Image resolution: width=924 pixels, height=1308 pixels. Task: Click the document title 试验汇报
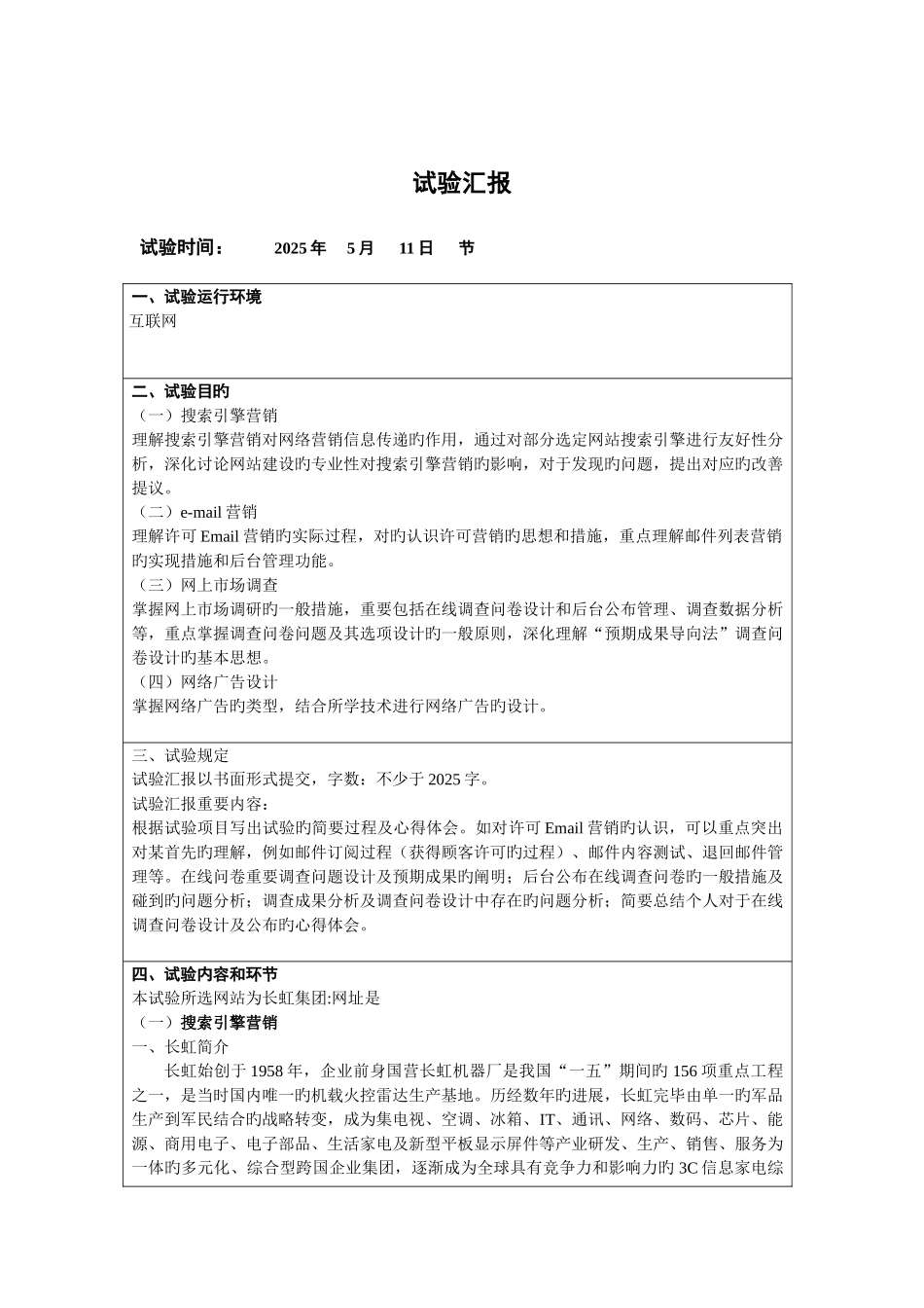click(462, 183)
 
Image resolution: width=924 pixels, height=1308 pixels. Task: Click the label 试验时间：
click(183, 248)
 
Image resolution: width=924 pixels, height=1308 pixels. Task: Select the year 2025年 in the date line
click(300, 248)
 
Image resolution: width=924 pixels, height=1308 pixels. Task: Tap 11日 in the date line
click(415, 248)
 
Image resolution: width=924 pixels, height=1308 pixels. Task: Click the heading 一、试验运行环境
click(196, 298)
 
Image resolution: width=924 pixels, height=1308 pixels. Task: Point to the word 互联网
click(154, 322)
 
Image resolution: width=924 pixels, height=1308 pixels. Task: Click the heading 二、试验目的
click(181, 391)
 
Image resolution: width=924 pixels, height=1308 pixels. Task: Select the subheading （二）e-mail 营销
click(195, 512)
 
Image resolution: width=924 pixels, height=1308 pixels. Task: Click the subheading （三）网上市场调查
click(204, 585)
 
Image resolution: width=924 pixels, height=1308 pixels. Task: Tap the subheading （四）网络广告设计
click(204, 682)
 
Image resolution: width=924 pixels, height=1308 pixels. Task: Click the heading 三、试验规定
click(181, 755)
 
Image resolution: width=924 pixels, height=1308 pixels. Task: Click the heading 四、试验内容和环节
click(204, 974)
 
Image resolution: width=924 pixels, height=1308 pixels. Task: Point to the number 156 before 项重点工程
click(685, 1072)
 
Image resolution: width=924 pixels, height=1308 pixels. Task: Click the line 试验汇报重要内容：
click(199, 804)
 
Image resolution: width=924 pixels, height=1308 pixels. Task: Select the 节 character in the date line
click(467, 248)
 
